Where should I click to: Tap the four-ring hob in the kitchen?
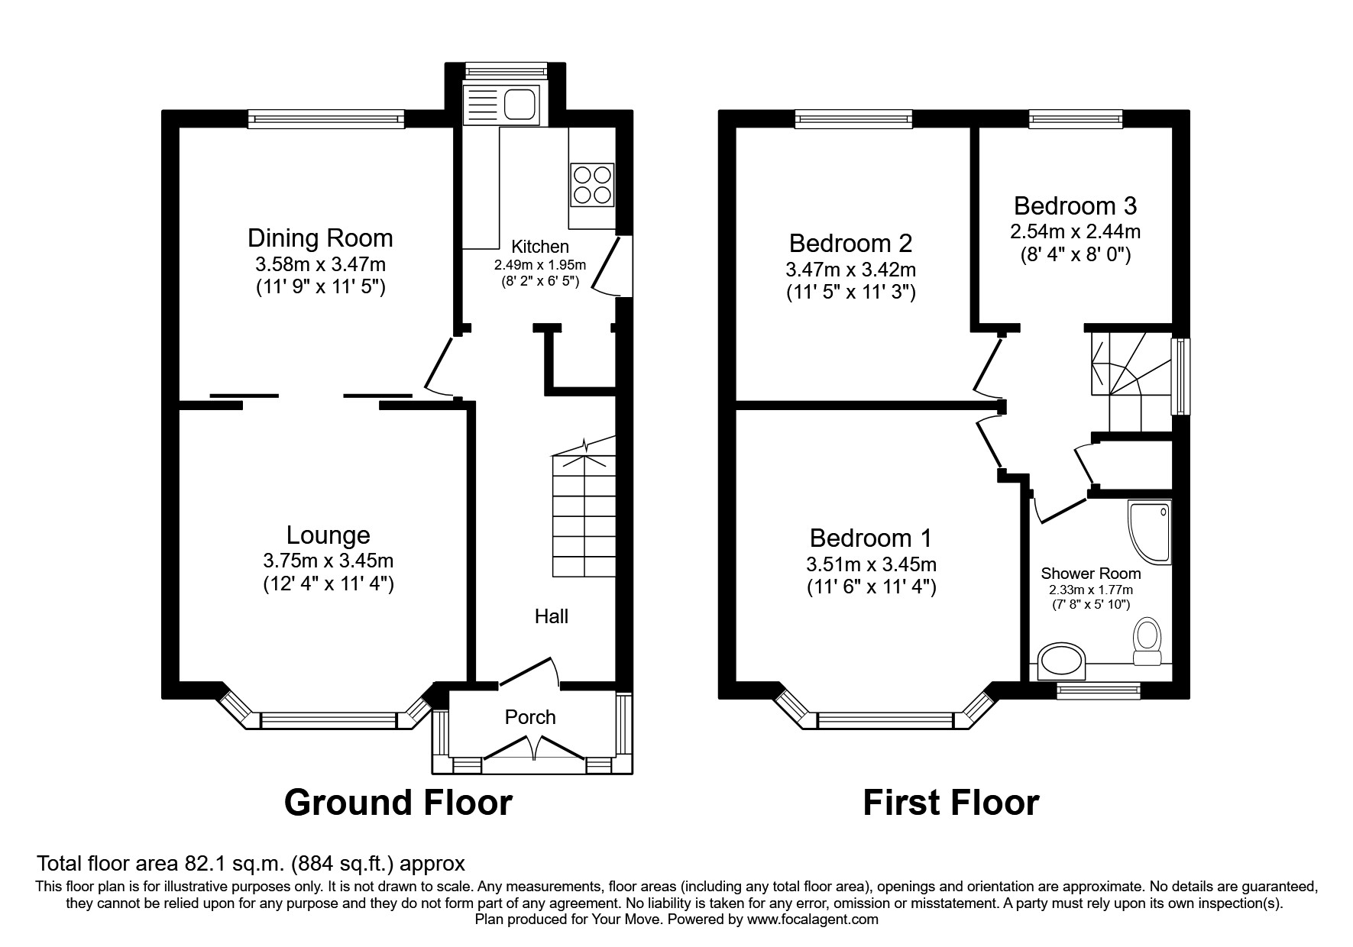(591, 184)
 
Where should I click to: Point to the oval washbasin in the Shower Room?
(1063, 661)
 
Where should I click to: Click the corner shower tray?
(1149, 532)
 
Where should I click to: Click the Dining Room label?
(320, 238)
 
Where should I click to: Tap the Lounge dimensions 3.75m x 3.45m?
(329, 561)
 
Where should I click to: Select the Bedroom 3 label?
(1075, 205)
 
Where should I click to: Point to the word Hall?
(551, 616)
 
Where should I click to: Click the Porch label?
(530, 717)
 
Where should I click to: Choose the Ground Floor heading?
(398, 803)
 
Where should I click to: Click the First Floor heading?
(950, 803)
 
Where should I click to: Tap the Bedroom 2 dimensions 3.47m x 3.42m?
(850, 270)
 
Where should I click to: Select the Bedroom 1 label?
(870, 538)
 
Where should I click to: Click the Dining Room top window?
(326, 118)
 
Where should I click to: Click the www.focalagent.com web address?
(812, 920)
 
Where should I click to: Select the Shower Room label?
(1090, 574)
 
